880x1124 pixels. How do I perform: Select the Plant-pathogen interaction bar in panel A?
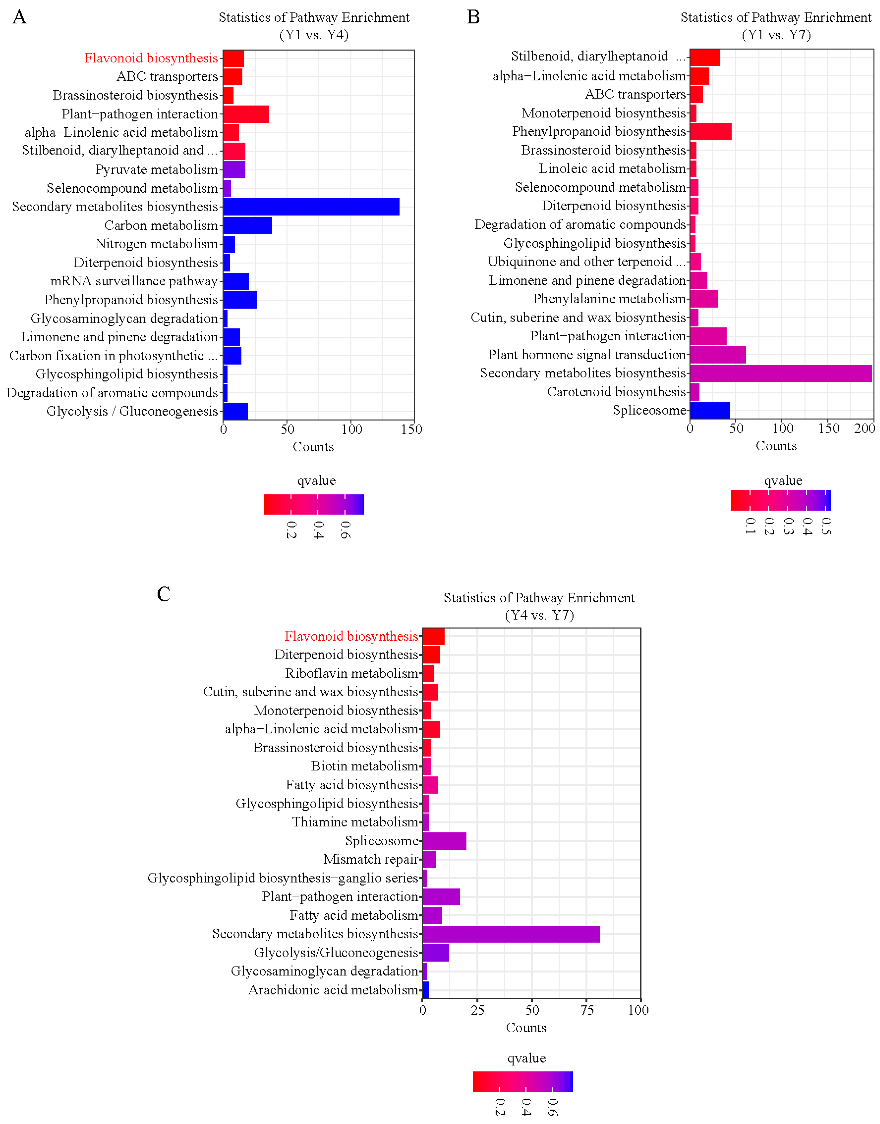(246, 114)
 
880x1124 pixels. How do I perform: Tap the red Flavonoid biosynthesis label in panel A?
(151, 58)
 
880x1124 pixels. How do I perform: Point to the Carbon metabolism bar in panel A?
(247, 226)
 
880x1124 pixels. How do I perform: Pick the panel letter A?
(20, 17)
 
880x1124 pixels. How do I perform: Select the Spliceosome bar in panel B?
(710, 411)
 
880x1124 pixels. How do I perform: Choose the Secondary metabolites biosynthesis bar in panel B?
(780, 374)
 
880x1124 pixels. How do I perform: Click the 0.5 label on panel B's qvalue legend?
(826, 526)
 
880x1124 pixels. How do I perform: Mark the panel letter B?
(473, 17)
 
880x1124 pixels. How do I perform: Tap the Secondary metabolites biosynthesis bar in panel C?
(511, 934)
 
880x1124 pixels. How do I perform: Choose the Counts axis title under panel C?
(525, 1028)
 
